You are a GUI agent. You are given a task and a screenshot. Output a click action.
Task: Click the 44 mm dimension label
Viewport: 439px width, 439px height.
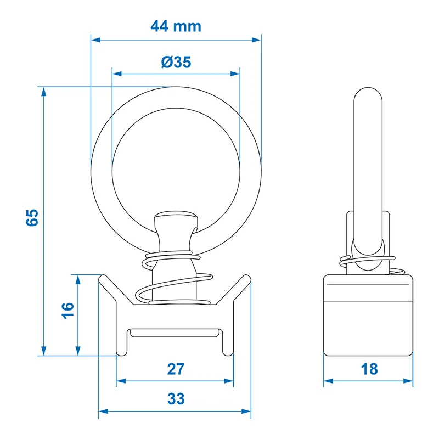(x=176, y=26)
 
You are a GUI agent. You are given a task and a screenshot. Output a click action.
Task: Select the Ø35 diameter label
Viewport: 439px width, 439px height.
(x=176, y=62)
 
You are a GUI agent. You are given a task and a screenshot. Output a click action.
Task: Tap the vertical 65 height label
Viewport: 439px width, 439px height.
(x=32, y=217)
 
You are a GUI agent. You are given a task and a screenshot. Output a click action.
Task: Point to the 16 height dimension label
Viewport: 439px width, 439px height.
(x=67, y=310)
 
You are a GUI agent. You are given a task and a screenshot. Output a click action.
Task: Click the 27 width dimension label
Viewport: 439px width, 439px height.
(x=176, y=369)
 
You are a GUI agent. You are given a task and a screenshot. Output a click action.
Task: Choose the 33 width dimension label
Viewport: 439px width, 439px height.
(x=176, y=398)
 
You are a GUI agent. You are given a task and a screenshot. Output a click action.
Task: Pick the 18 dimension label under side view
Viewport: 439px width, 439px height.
(x=369, y=369)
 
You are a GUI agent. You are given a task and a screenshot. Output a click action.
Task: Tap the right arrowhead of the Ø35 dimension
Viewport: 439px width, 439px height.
(x=235, y=74)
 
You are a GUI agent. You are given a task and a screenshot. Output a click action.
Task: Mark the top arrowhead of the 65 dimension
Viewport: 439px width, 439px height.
(x=43, y=92)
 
